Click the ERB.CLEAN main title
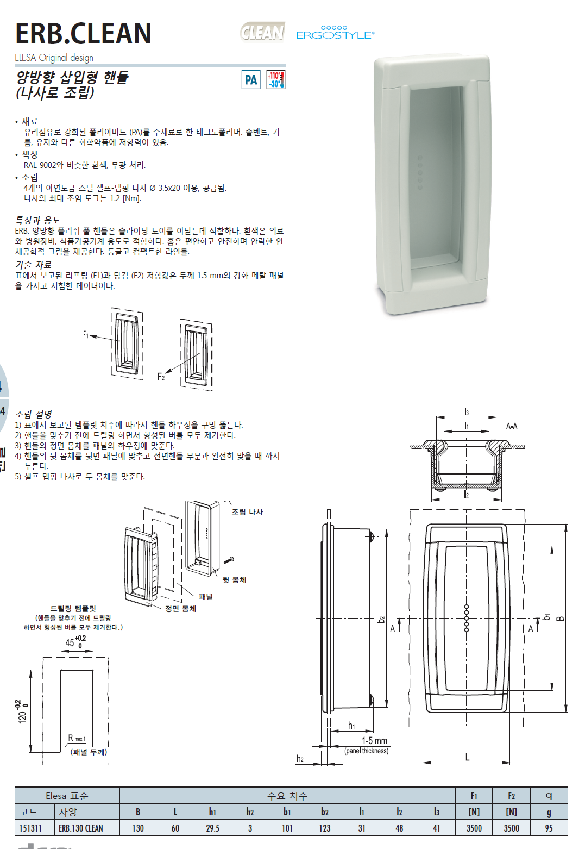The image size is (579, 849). [83, 33]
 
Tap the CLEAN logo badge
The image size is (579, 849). [262, 32]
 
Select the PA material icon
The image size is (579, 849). [251, 79]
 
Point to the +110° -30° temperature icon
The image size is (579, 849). [276, 79]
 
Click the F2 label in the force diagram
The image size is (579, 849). [161, 376]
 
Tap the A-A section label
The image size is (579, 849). [512, 426]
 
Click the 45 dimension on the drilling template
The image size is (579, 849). [75, 642]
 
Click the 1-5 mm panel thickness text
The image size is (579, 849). [375, 741]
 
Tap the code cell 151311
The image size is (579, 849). [30, 828]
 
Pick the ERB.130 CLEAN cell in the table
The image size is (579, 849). [81, 828]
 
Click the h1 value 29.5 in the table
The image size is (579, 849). [213, 828]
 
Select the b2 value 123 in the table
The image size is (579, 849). [324, 828]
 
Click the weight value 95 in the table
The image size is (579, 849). [549, 828]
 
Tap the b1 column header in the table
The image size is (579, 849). [287, 812]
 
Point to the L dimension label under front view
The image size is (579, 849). [467, 758]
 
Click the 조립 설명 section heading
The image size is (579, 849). [33, 414]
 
